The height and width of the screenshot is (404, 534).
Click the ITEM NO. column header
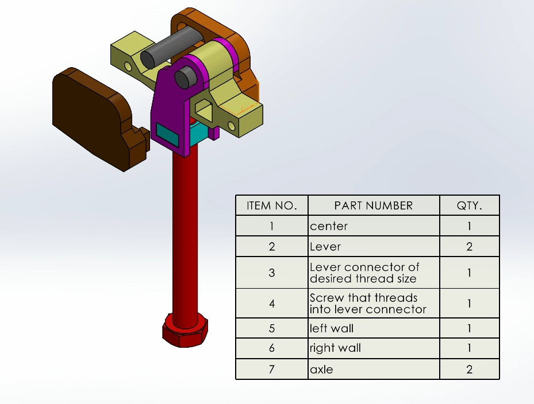[x=271, y=205]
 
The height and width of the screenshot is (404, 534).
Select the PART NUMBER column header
[x=374, y=205]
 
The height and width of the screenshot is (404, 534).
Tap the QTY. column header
[x=469, y=205]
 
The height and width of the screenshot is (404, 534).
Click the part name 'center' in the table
[x=329, y=226]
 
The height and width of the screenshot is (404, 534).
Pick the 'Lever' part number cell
[x=325, y=247]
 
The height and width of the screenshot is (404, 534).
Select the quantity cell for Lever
[x=469, y=247]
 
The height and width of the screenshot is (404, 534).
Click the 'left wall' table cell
[x=332, y=329]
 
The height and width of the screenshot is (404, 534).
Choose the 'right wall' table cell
[x=335, y=348]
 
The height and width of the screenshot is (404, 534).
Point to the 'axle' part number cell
[x=321, y=370]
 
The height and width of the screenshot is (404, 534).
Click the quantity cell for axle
[x=469, y=370]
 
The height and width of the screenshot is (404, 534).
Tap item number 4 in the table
[x=271, y=304]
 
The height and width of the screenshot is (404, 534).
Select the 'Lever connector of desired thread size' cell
[x=364, y=273]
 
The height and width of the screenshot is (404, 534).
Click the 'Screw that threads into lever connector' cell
[x=368, y=304]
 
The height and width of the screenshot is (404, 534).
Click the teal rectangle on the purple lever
[x=167, y=134]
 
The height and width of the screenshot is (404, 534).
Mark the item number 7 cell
[x=271, y=370]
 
